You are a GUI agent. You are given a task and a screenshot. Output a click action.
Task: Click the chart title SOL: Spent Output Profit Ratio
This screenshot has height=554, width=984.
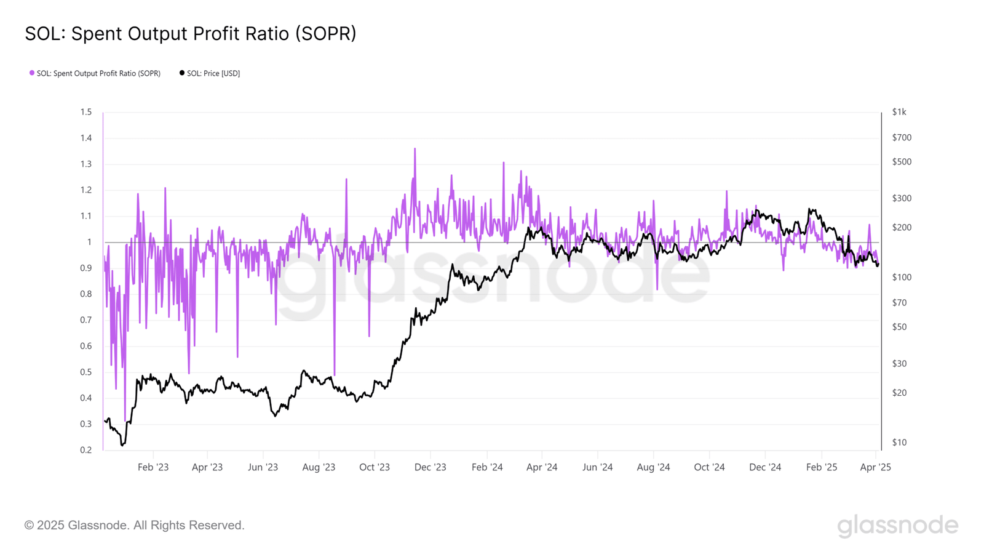[x=191, y=34]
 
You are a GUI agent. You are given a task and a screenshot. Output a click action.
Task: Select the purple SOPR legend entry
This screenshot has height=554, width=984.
[x=95, y=73]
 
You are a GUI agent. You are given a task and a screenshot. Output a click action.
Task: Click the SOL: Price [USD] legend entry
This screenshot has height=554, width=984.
[x=210, y=73]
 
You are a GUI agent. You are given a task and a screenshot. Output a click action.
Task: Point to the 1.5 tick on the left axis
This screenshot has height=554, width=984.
[x=86, y=112]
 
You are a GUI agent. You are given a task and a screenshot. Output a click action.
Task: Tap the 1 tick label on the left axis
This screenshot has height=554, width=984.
[x=89, y=242]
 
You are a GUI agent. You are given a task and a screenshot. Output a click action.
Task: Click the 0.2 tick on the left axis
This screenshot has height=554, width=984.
[x=86, y=450]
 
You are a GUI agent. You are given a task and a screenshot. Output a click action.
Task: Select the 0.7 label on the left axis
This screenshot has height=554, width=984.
[x=86, y=320]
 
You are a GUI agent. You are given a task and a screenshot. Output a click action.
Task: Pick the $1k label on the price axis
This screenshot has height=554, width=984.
[x=899, y=112]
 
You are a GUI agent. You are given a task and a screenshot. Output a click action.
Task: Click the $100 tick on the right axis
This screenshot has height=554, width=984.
[x=902, y=277]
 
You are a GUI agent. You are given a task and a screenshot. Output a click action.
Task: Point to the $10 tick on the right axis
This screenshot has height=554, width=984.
[x=899, y=442]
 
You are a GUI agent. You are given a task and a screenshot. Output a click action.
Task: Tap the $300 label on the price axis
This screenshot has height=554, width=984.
[x=902, y=198]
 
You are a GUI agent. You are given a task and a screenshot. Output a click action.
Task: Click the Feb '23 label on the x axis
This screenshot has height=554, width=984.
[x=153, y=467]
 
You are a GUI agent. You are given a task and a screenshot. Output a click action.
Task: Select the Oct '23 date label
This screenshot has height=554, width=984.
[x=375, y=467]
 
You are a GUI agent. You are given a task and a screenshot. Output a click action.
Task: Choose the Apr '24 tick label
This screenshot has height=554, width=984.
[x=542, y=467]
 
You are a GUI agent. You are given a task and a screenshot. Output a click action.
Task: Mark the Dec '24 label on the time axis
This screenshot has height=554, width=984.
[x=765, y=467]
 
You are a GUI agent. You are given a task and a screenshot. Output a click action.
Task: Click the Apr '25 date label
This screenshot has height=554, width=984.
[x=875, y=467]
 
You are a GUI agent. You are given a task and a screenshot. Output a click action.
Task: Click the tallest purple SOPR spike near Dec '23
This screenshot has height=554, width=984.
[x=415, y=150]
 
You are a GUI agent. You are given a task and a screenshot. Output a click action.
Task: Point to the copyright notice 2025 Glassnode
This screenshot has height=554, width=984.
[x=135, y=525]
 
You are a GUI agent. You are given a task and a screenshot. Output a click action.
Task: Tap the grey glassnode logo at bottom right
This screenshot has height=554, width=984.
[x=897, y=526]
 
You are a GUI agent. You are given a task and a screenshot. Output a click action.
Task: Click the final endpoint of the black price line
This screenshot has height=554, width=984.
[x=878, y=265]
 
